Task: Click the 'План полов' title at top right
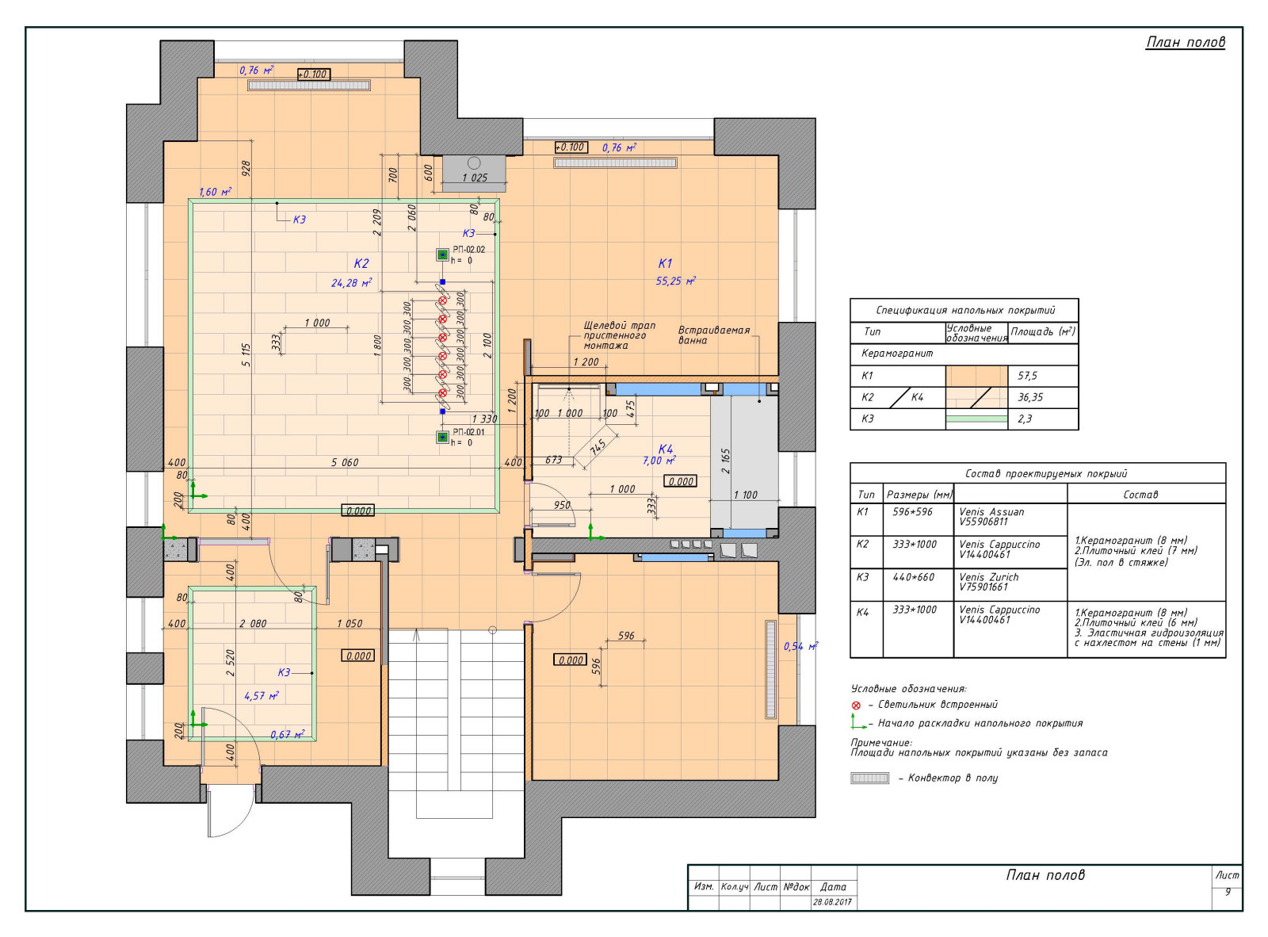[x=1185, y=42]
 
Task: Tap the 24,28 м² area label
[x=352, y=282]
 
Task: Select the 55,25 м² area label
[x=676, y=281]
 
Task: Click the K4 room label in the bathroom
[x=666, y=449]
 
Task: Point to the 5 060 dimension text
[x=345, y=462]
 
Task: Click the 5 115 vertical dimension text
[x=246, y=354]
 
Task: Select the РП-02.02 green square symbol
[x=442, y=254]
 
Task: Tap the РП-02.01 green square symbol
[x=442, y=438]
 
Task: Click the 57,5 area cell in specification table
[x=1027, y=376]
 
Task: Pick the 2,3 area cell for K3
[x=1025, y=419]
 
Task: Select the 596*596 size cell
[x=912, y=512]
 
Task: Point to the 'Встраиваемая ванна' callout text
[x=714, y=335]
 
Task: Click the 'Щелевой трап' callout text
[x=620, y=325]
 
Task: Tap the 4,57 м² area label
[x=262, y=696]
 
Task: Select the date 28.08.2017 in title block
[x=832, y=902]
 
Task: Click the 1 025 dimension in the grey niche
[x=475, y=178]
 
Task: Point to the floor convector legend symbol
[x=869, y=778]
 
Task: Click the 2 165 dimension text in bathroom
[x=725, y=461]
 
